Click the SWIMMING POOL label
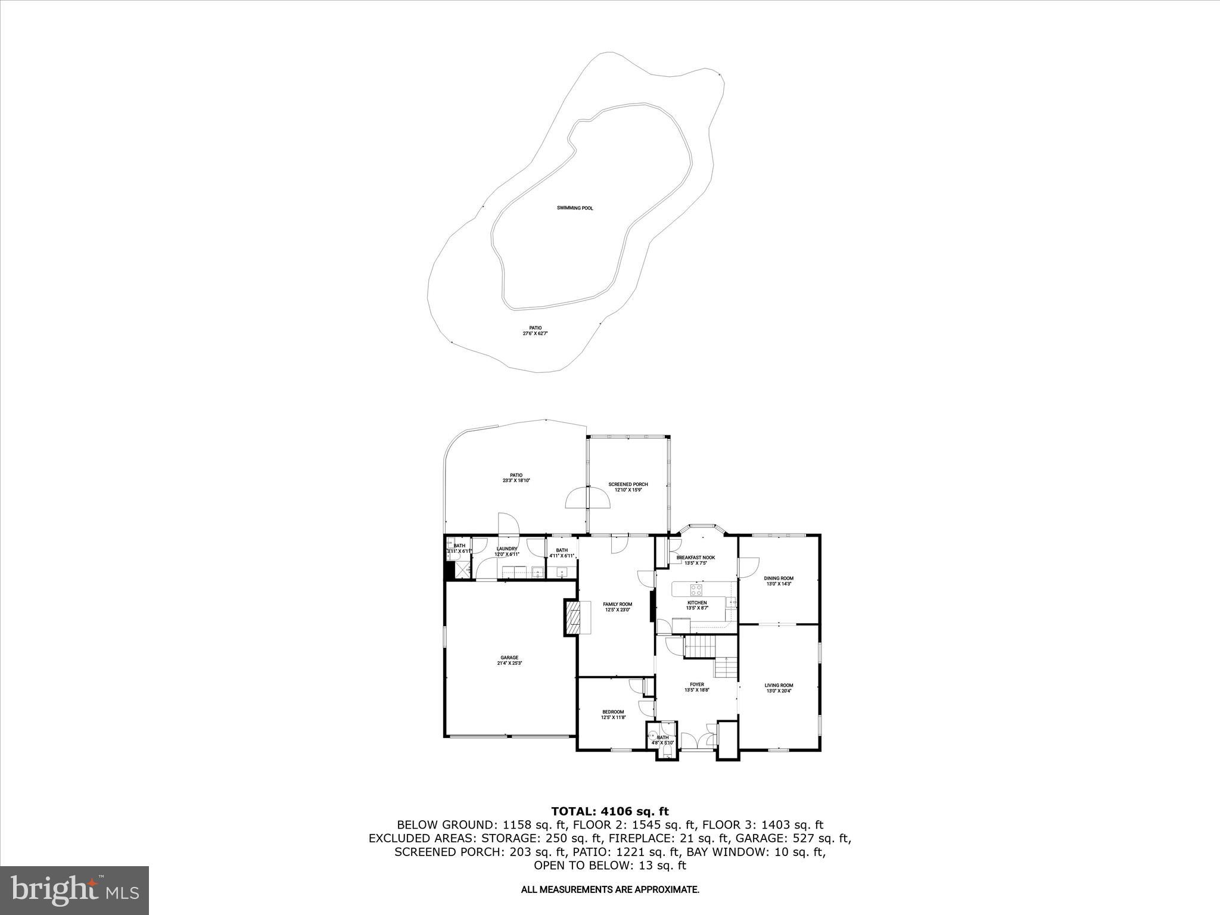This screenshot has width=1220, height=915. coord(575,208)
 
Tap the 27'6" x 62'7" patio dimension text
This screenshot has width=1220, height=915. coord(534,334)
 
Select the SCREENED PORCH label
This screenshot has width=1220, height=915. coord(628,484)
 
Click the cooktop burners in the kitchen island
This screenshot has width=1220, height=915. coord(696,590)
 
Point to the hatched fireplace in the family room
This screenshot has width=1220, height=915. coord(572,618)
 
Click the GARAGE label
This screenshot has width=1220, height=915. coord(509,658)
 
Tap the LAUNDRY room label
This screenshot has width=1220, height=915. coord(507,549)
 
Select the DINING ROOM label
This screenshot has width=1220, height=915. coord(779,578)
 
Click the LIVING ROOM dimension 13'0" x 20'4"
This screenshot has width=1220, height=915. coord(779,691)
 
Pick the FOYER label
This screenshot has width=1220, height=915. coord(696,684)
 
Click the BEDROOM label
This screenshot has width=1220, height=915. coord(613,712)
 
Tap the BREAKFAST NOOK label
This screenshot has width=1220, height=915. coord(695,558)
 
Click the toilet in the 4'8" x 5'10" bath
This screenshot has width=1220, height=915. coord(652,735)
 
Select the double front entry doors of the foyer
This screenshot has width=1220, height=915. coord(698,740)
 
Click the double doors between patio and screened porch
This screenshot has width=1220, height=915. coord(588,497)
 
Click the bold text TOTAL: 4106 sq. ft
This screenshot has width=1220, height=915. coord(609,811)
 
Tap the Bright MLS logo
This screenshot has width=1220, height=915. coord(74,890)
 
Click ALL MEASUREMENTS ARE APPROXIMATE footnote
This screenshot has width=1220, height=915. coord(609,889)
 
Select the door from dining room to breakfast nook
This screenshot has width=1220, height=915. coord(748,565)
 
